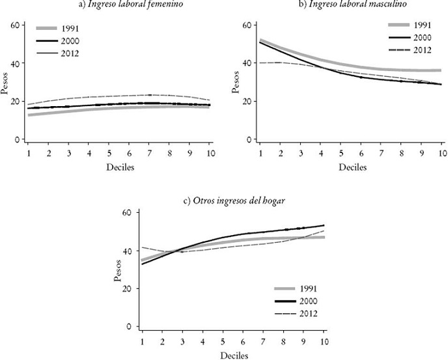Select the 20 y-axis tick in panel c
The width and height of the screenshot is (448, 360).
128,288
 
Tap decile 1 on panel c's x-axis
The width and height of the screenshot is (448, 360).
142,341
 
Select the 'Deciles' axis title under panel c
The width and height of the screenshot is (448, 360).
232,355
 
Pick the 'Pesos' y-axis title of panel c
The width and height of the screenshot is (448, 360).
118,269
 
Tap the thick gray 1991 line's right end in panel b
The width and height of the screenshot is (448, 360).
440,70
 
